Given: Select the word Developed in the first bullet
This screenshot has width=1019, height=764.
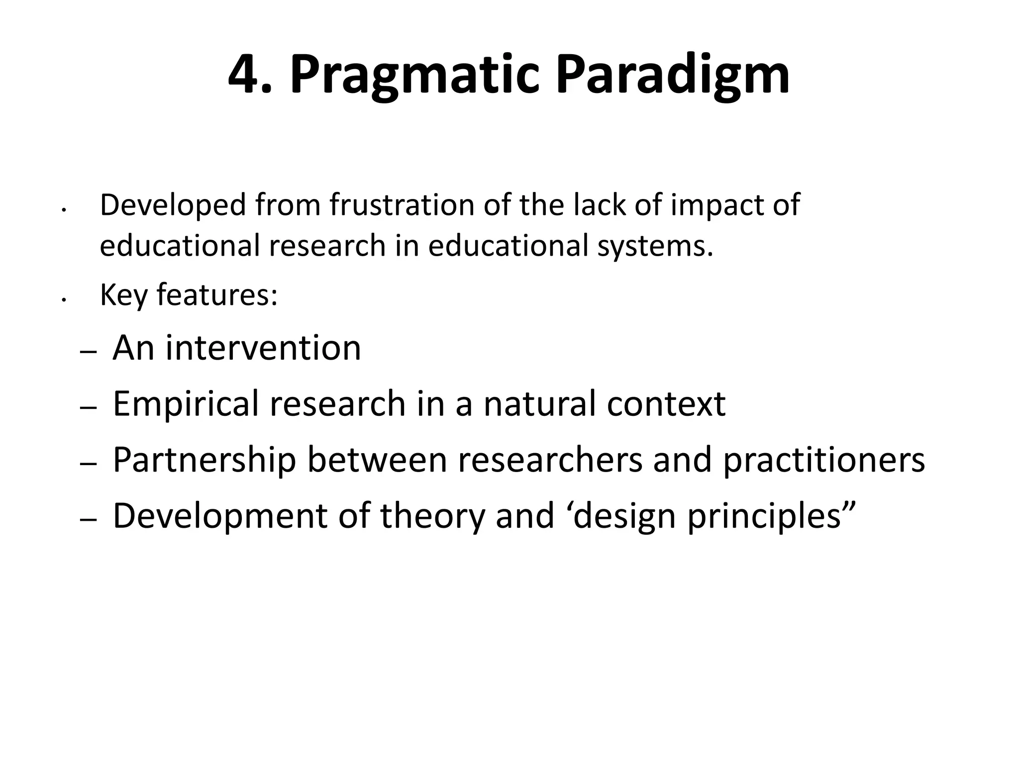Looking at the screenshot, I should tap(173, 205).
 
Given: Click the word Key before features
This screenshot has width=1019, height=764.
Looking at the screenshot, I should tap(123, 295).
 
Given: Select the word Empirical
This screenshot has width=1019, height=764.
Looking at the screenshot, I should tap(186, 404).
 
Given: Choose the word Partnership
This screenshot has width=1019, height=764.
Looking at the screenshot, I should tap(204, 460).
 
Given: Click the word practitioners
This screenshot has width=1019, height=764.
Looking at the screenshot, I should tap(823, 460).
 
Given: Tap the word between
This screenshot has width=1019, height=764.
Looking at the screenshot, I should tap(377, 460).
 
